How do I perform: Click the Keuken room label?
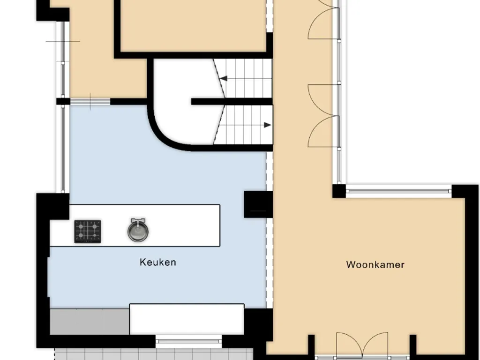pos(157,262)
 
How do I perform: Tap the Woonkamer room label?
pos(375,265)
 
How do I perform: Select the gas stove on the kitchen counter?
pos(88,232)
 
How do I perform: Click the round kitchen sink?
pos(138,230)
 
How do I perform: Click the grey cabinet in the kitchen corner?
pos(90,322)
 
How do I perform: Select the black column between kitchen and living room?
pos(258,204)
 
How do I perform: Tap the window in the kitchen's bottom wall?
pos(188,341)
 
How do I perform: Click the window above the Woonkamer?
pos(399,191)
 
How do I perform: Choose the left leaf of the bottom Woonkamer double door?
pos(349,345)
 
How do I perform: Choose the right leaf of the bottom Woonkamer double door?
pos(375,345)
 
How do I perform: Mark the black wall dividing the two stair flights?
pos(232,102)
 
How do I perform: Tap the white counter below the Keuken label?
pos(187,319)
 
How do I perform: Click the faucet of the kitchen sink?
pos(138,221)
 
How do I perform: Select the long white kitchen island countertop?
pos(135,225)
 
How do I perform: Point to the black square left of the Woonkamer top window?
pos(339,191)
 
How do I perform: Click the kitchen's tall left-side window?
pos(63,149)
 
